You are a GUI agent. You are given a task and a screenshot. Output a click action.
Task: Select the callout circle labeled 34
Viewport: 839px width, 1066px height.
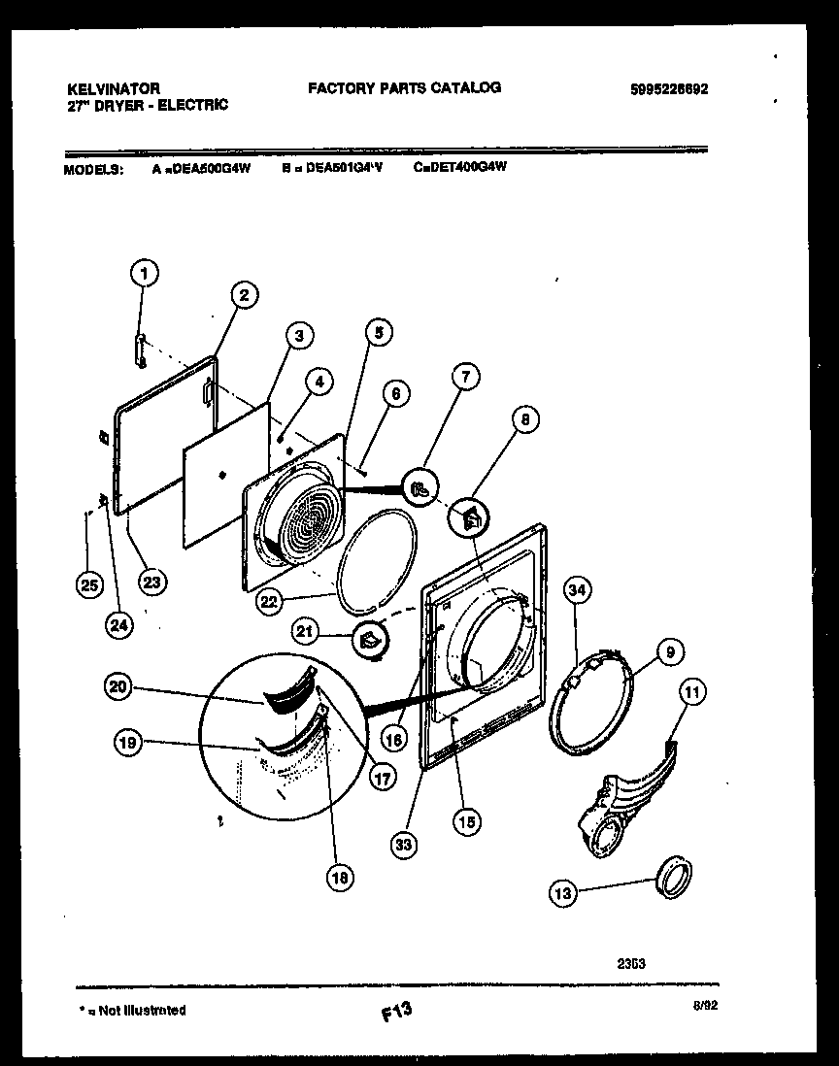[578, 589]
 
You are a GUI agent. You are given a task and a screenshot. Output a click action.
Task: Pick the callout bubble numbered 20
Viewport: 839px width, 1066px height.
[117, 686]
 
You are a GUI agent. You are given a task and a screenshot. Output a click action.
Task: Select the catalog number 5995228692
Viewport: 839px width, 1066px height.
[669, 88]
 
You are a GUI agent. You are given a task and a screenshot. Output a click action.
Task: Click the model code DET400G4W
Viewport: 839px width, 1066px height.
[466, 167]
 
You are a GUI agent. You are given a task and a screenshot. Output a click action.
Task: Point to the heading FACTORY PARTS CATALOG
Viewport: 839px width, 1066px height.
[404, 87]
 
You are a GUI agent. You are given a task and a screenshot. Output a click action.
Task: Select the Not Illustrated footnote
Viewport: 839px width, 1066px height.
[131, 1010]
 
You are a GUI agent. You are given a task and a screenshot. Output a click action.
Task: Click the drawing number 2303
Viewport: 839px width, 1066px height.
[631, 964]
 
